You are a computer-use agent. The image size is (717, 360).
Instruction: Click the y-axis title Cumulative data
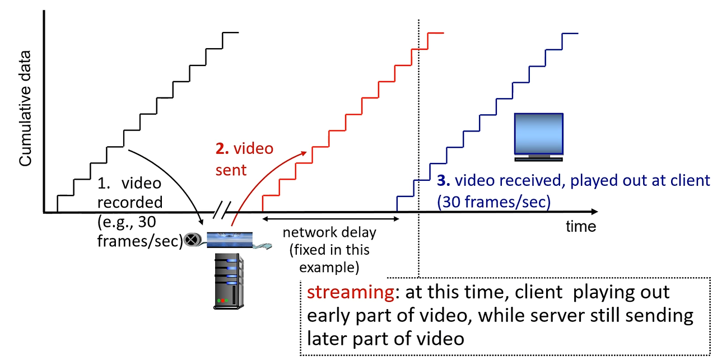pos(26,108)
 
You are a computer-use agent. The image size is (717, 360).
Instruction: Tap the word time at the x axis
pos(580,227)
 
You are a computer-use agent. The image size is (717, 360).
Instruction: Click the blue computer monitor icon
pos(539,137)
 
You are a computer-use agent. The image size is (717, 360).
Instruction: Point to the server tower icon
pos(227,280)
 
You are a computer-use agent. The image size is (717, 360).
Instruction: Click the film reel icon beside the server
pos(192,240)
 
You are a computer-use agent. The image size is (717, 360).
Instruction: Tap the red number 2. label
pos(222,149)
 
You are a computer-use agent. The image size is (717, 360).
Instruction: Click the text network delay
pos(329,232)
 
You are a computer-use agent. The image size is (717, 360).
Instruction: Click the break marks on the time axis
pos(222,212)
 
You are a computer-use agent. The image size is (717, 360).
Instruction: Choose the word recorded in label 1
pos(129,202)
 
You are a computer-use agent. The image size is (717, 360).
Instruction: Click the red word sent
pos(231,169)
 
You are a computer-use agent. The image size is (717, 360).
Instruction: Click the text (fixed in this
pos(329,249)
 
